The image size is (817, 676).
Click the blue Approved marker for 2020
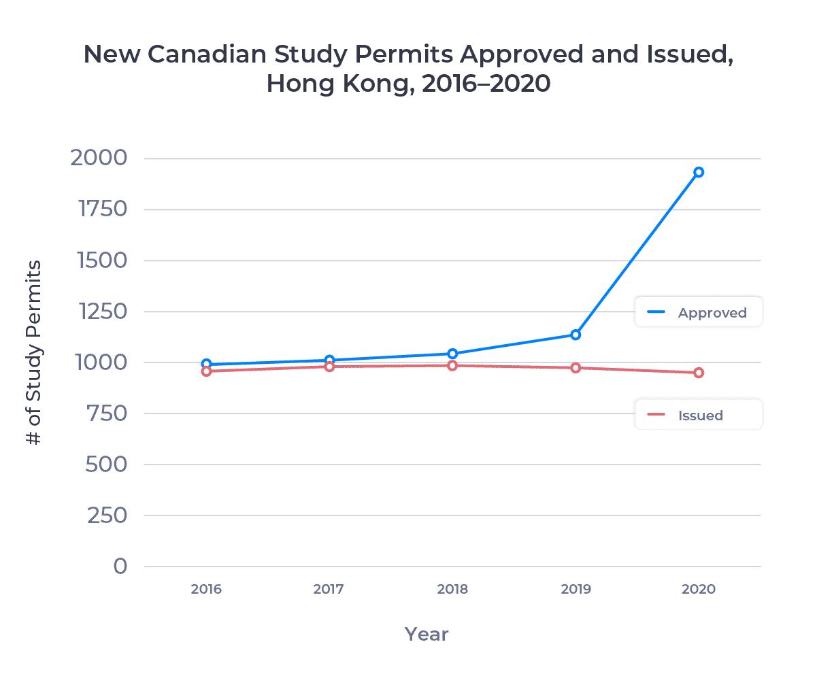698,172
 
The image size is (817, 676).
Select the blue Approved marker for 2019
576,335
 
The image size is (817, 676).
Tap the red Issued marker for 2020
698,373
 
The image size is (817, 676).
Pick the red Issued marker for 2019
576,368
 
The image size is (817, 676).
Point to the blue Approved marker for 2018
452,354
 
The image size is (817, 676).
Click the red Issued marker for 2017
329,367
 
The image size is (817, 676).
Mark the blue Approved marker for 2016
206,364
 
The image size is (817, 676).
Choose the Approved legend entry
699,313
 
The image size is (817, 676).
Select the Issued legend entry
699,415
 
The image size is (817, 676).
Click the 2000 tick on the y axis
98,158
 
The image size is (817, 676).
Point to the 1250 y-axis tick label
99,311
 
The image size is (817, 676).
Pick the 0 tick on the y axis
120,566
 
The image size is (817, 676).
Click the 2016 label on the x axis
206,590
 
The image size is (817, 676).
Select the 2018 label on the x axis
452,590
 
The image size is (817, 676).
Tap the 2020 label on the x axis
699,590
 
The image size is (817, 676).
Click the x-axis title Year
427,635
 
